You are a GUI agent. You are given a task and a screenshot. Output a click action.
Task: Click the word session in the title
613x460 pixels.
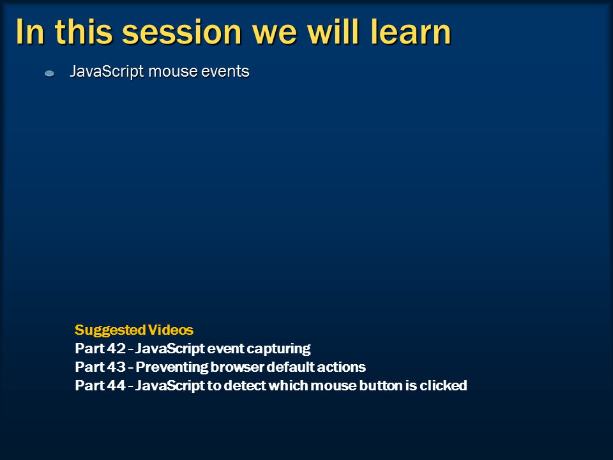182,32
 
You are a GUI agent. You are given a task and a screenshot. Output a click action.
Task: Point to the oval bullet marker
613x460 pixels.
50,73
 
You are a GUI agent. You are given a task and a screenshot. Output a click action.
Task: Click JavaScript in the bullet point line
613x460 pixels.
107,72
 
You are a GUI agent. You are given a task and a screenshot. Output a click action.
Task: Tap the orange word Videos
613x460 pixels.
170,330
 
